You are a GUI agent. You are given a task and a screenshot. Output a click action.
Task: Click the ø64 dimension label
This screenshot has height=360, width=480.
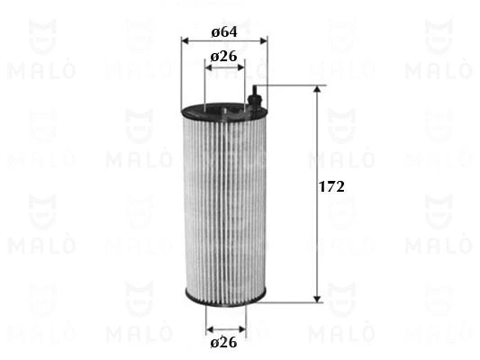coord(224,31)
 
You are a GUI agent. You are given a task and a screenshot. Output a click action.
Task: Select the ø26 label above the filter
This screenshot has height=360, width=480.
coord(224,57)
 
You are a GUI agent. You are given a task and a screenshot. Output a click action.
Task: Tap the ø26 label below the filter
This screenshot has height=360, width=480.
coord(223,342)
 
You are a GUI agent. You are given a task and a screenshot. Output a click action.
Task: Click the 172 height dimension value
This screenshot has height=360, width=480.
coord(331,186)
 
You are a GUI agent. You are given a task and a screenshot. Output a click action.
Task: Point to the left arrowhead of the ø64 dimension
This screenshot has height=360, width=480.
coord(186,40)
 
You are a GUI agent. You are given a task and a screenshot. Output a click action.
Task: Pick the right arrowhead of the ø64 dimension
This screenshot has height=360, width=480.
coord(263,40)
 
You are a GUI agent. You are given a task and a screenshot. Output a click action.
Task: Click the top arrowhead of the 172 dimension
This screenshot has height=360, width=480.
coord(318,89)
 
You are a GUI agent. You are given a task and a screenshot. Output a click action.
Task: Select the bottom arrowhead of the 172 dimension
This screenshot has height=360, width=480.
coord(318,299)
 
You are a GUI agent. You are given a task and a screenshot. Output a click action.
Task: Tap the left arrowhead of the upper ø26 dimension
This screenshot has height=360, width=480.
coord(208,67)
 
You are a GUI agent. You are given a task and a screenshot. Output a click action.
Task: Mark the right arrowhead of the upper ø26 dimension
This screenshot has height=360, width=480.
coord(241,67)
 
